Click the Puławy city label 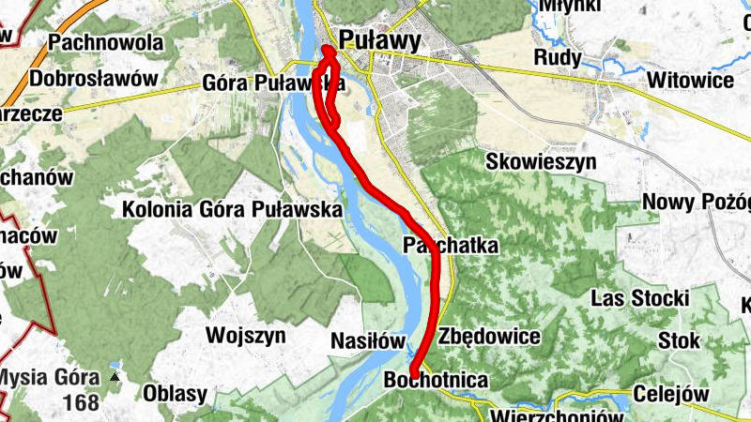378,39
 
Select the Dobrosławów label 93,79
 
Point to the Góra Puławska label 269,83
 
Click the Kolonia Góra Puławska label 231,209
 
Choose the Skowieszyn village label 541,161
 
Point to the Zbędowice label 489,336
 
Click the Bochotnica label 437,381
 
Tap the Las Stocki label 640,298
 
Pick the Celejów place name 670,394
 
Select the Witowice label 689,81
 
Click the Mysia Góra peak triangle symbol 115,377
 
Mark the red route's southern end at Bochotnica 413,375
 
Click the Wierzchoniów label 557,415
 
